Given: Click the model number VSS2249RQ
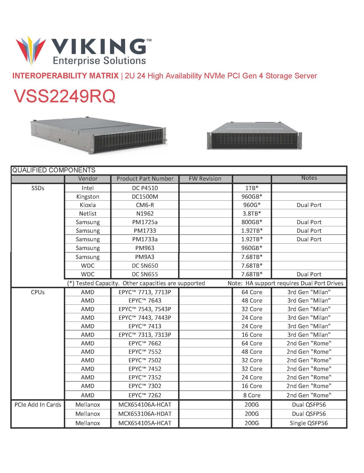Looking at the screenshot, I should coord(65,96).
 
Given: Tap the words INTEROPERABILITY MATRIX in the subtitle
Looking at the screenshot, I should coord(65,76).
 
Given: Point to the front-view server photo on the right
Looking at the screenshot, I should coord(254,136).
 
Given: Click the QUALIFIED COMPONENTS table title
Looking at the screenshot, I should coord(54,170).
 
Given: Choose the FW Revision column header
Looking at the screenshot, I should coord(205,179).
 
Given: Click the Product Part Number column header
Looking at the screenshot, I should coord(145,179).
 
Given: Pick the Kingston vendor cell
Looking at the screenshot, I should coord(88,197).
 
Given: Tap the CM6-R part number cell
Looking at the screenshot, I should coord(145,205).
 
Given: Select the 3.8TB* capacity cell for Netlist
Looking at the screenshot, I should coord(252,214).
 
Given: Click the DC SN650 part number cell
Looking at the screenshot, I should coord(145,266).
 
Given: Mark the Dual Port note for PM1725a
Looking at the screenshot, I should coord(309,222).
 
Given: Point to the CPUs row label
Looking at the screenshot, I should coord(38,292).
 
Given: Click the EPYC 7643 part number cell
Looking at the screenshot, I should coord(145,301).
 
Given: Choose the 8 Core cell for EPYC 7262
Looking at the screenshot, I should coord(252,395).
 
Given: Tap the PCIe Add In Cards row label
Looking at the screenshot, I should coord(38,405).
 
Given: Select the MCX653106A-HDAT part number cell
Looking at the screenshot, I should coord(145,414).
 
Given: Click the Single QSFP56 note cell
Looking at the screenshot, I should coord(309,423).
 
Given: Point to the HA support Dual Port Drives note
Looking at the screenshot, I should coord(286,283).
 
